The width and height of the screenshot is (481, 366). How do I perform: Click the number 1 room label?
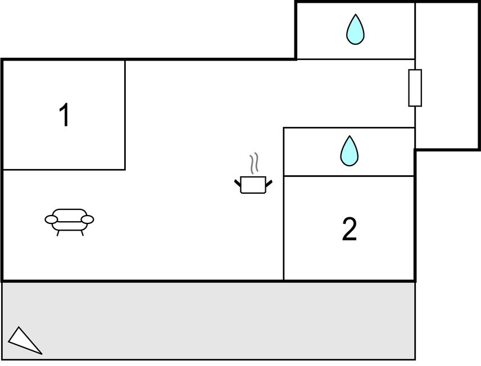pos(65,116)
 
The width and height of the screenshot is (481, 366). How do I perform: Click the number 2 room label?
pos(349,230)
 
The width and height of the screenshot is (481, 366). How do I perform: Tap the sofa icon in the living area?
pos(69,220)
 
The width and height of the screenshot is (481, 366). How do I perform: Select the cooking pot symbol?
pos(253,184)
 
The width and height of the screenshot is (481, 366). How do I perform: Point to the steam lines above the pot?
pos(255,163)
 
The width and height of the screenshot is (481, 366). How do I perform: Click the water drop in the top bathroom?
pos(355,29)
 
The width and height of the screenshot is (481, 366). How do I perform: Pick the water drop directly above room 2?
pos(349,151)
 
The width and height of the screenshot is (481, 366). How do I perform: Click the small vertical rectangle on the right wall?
pos(415,88)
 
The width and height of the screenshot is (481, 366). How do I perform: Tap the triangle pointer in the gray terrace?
pos(23,340)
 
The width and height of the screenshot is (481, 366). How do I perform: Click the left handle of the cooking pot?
pos(238,182)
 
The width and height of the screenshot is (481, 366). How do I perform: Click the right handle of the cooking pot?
pos(269,182)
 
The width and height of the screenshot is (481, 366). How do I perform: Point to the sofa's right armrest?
pos(87,219)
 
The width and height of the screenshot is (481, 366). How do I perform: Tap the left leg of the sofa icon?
pos(58,232)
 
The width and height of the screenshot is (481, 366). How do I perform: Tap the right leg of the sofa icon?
pos(82,232)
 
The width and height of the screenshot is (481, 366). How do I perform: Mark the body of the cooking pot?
pos(253,185)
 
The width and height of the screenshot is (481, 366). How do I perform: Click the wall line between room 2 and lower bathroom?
pos(349,176)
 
